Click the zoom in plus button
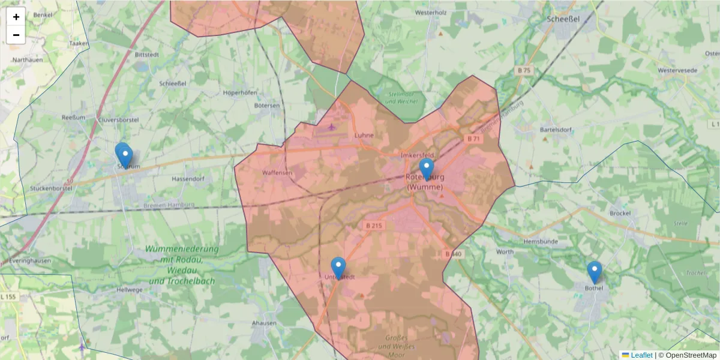[x=16, y=17]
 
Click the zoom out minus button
[x=16, y=35]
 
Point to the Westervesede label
[x=677, y=70]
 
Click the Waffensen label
[x=277, y=173]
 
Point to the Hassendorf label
[x=188, y=179]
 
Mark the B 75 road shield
[x=524, y=71]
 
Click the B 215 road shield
[x=373, y=226]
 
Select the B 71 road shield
[x=473, y=139]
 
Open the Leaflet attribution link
[x=641, y=355]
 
